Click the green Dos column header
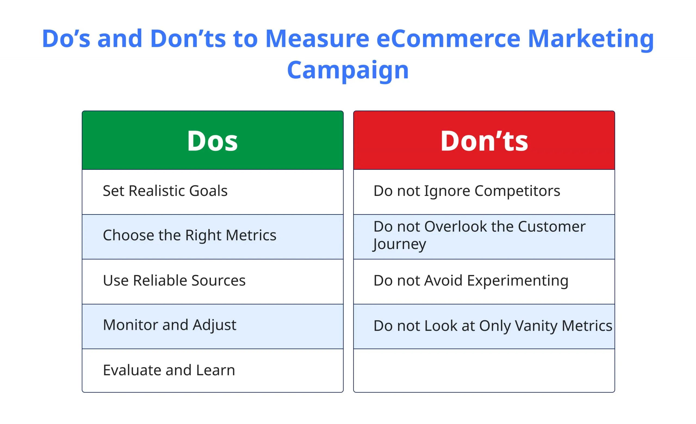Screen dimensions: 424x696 coord(212,140)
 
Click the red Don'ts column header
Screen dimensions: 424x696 coord(484,140)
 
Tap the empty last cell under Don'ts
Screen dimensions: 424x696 coord(484,370)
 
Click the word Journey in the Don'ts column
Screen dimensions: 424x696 coord(399,244)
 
